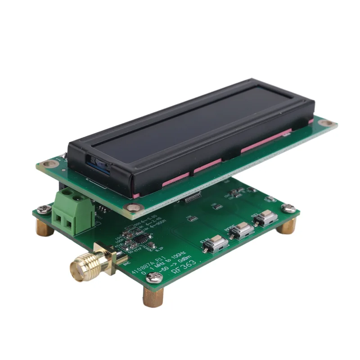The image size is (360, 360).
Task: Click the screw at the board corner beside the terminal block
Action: [44, 208]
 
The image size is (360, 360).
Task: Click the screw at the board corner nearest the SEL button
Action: [288, 208]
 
